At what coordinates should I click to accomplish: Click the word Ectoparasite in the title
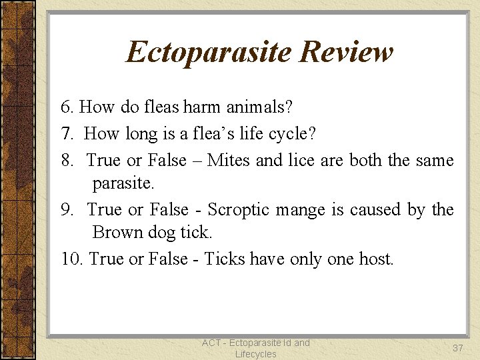pyautogui.click(x=209, y=52)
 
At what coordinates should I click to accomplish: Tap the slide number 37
pyautogui.click(x=457, y=348)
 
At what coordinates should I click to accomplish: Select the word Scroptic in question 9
pyautogui.click(x=239, y=209)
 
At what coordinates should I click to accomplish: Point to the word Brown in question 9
pyautogui.click(x=117, y=232)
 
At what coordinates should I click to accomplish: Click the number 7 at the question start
pyautogui.click(x=66, y=133)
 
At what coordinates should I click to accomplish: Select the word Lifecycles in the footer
pyautogui.click(x=256, y=354)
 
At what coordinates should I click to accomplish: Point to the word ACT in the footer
pyautogui.click(x=212, y=343)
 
